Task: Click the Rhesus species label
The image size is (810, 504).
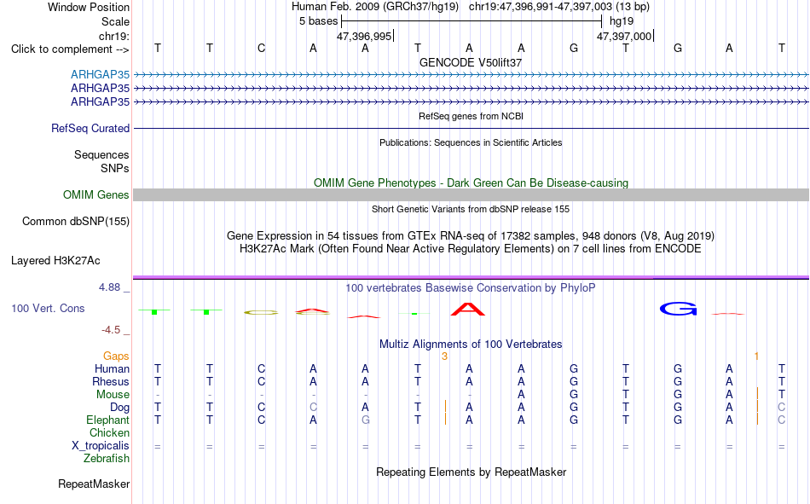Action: (111, 381)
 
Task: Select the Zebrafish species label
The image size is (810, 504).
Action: (107, 459)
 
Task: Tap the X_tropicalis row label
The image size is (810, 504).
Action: (101, 446)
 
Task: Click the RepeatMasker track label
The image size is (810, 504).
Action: (94, 484)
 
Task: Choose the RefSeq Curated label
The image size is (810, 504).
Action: (90, 128)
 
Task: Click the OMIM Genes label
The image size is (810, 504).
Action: (96, 195)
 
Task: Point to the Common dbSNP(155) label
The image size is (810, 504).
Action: (76, 221)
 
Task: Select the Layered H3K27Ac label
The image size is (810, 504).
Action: (55, 261)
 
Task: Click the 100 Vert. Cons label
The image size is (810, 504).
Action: (48, 309)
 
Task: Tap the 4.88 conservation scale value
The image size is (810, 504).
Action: (109, 287)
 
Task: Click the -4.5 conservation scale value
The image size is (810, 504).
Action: (111, 330)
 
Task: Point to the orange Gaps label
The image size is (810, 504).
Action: (116, 356)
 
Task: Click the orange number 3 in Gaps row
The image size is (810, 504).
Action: (444, 356)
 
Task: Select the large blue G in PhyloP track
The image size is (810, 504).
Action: (679, 309)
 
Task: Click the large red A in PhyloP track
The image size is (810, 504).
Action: (468, 309)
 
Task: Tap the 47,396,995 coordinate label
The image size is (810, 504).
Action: (364, 36)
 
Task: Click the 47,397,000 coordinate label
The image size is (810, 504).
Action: (624, 36)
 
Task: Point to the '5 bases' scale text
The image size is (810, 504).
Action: (318, 21)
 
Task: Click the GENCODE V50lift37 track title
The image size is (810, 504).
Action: (471, 62)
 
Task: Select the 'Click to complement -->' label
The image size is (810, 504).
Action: (70, 49)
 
